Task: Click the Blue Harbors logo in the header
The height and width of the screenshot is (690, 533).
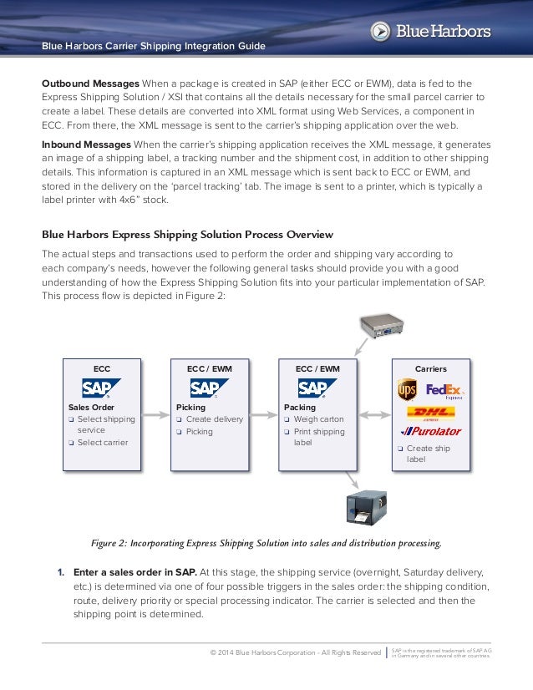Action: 430,32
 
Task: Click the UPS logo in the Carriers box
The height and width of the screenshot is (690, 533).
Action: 407,390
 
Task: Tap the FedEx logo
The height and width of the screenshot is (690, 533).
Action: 444,390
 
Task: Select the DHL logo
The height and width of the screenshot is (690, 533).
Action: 430,413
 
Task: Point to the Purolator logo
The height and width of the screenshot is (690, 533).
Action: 430,432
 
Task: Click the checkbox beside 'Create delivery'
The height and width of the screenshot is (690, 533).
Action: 180,419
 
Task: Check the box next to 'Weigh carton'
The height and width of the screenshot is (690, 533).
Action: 287,419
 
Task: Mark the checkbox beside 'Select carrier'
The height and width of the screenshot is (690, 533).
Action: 72,443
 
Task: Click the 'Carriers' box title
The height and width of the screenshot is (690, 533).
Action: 431,368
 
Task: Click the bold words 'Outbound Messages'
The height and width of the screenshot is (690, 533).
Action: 90,84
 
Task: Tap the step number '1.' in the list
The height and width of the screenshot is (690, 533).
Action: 61,572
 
